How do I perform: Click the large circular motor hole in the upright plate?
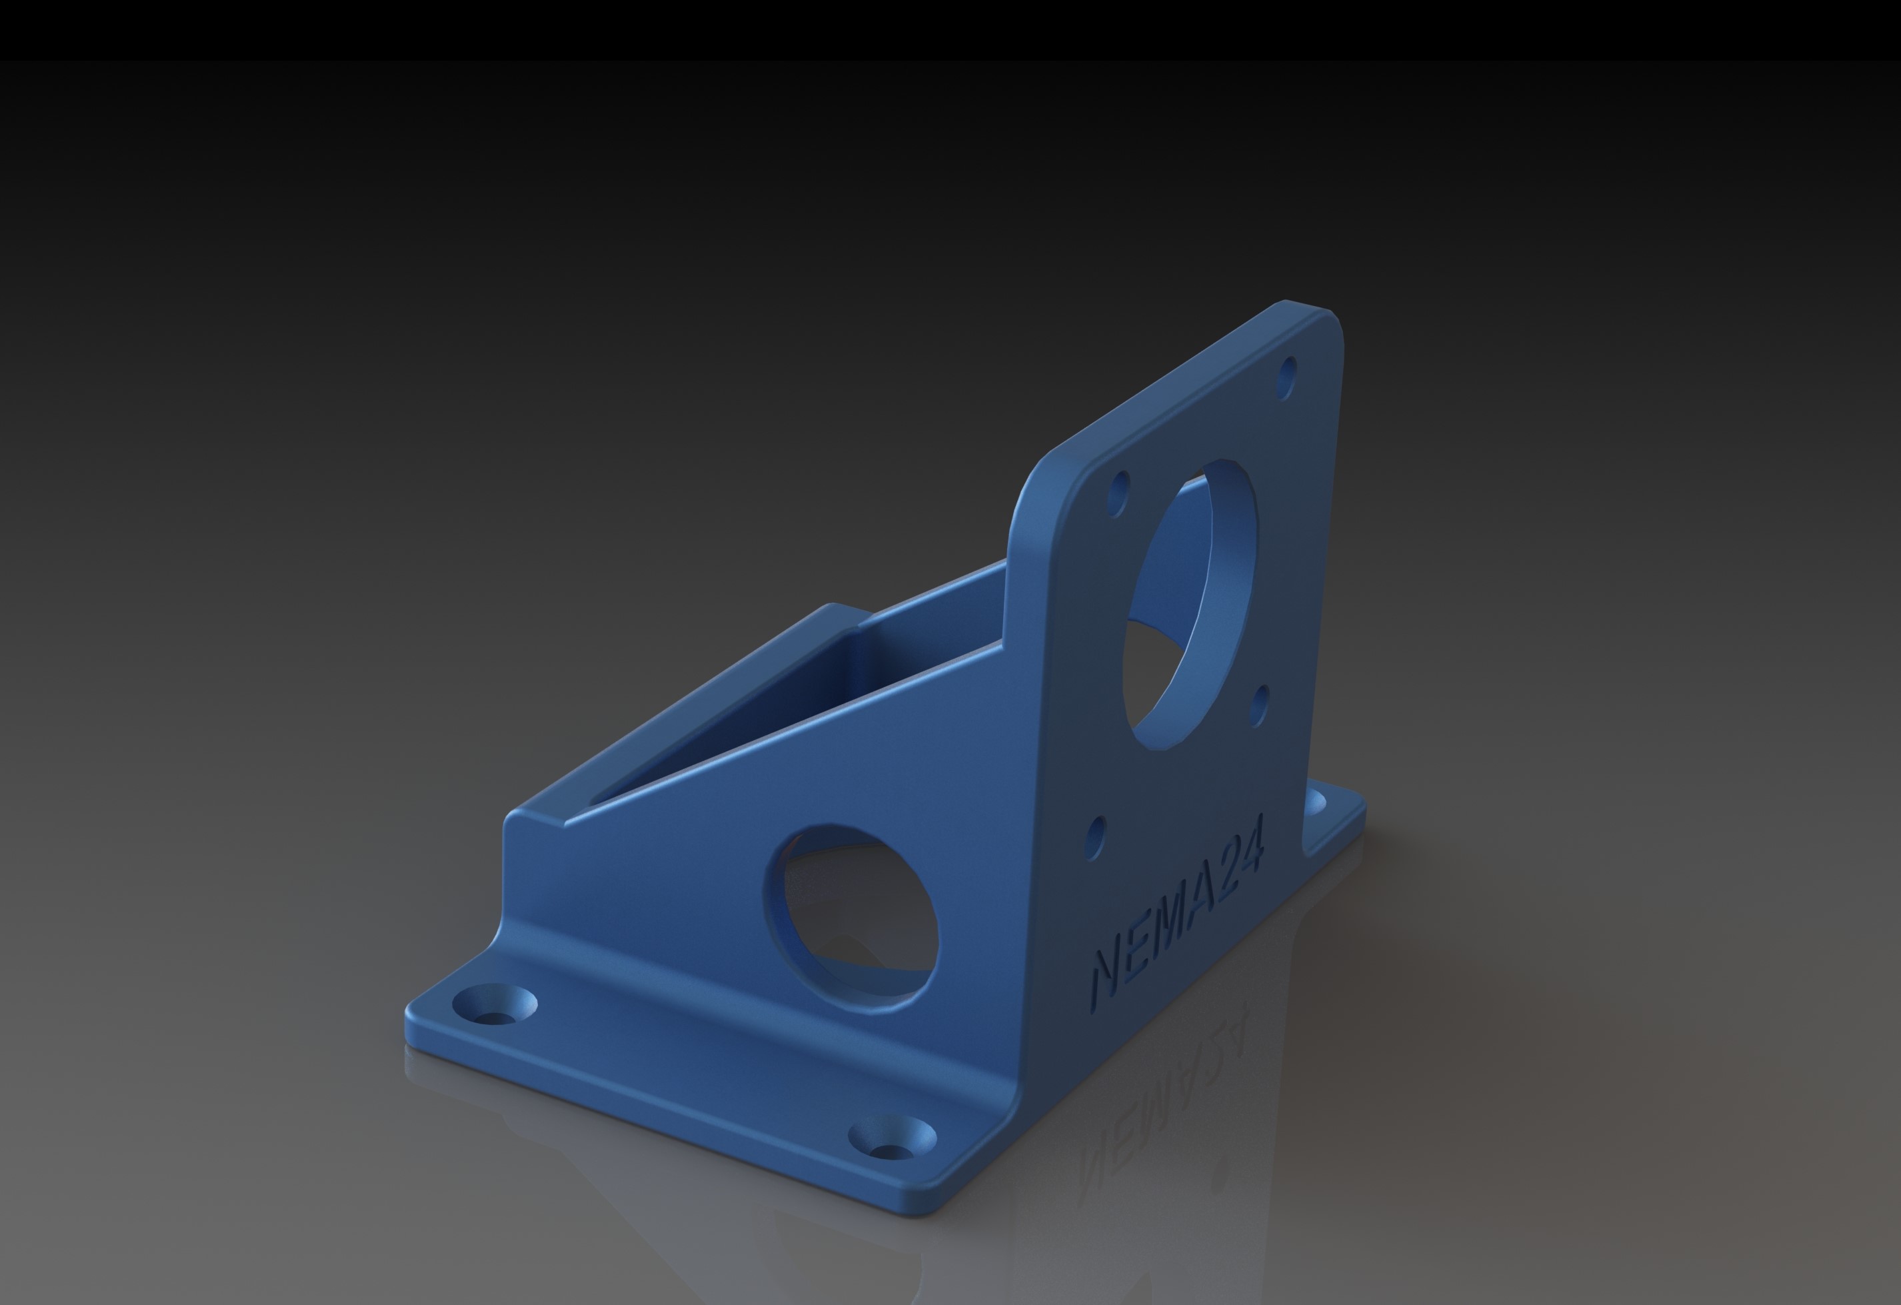(1190, 605)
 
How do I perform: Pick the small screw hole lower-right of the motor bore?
(1260, 706)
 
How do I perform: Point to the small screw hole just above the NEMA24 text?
(1096, 837)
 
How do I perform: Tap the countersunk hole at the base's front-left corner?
(495, 1005)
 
